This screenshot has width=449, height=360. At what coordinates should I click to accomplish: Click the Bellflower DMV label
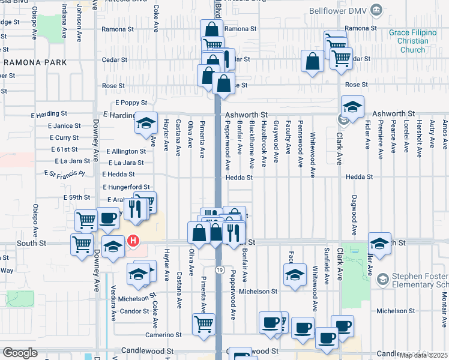click(x=338, y=11)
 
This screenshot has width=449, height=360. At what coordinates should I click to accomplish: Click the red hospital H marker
click(x=133, y=242)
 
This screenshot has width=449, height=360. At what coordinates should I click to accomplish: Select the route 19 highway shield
click(x=220, y=271)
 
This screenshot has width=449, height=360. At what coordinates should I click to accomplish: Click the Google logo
click(x=20, y=353)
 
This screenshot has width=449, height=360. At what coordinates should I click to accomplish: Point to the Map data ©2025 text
click(x=424, y=355)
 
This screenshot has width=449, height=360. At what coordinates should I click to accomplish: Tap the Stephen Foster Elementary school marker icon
click(x=382, y=279)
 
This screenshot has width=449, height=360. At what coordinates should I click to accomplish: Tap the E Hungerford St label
click(x=126, y=188)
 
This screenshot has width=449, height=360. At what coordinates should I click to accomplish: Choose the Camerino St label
click(x=158, y=335)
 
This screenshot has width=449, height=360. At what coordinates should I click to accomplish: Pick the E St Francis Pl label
click(x=65, y=173)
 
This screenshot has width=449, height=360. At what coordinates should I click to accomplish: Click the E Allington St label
click(x=125, y=152)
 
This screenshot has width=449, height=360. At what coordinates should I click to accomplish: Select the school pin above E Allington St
click(x=146, y=123)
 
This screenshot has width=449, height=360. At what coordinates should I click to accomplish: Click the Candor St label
click(x=134, y=311)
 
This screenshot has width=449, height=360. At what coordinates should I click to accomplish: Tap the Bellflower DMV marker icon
click(x=376, y=10)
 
